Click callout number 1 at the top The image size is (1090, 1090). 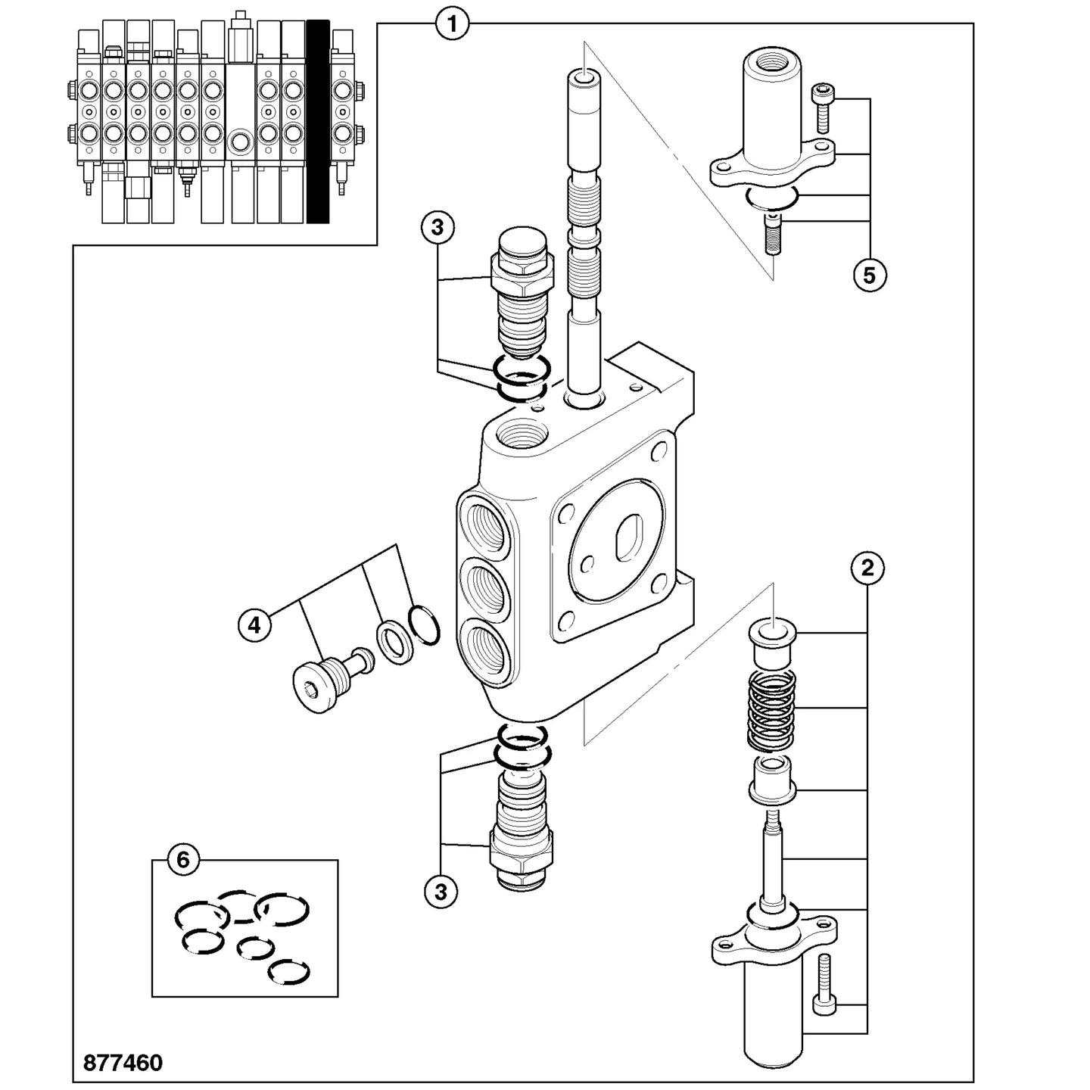452,24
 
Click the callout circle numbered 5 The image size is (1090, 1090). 870,276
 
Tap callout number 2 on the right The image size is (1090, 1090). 867,568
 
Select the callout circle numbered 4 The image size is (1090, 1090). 254,625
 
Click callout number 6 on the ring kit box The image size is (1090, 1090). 183,861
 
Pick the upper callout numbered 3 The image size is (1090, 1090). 438,227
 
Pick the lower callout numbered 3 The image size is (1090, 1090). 441,892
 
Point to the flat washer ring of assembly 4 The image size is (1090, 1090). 395,643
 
